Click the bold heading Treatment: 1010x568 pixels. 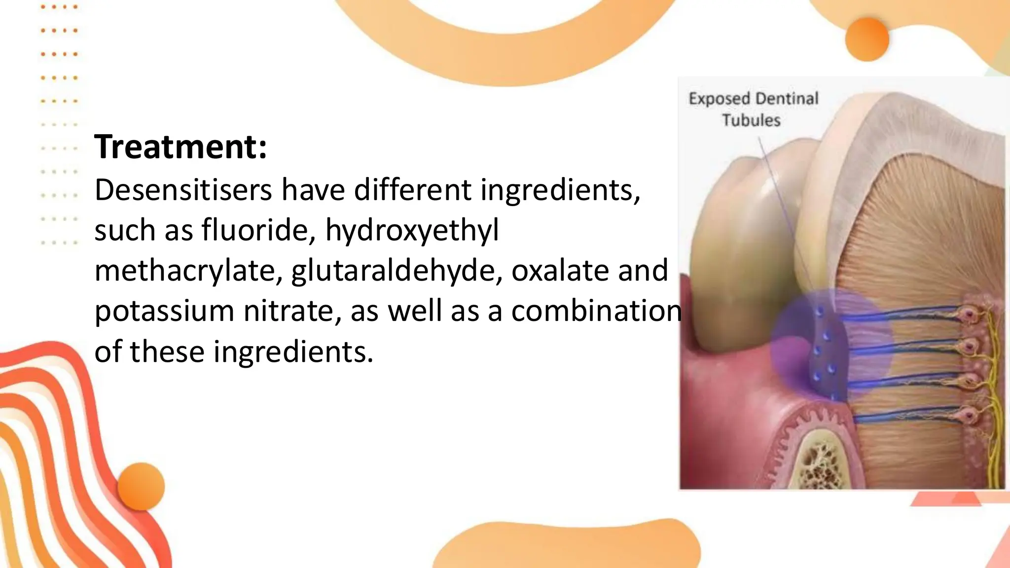180,147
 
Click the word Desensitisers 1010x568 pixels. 183,190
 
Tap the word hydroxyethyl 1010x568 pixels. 412,230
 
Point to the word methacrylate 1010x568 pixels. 188,271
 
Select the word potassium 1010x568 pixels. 164,311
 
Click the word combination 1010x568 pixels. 597,311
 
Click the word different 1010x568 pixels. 412,190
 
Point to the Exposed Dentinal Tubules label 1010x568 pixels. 753,109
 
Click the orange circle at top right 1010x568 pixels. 866,39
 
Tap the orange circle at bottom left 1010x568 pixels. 141,486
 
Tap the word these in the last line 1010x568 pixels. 167,352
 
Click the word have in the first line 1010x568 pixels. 313,190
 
